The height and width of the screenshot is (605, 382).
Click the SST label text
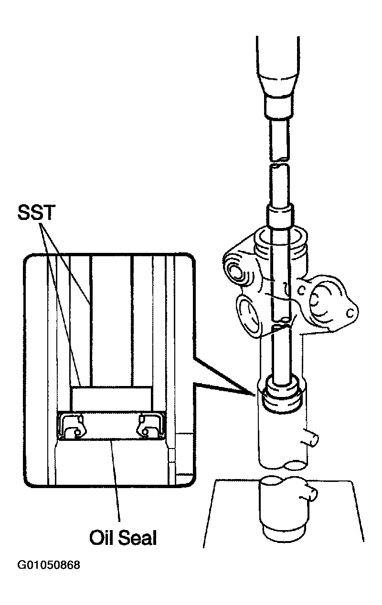[x=36, y=212]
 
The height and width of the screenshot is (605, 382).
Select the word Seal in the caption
[x=138, y=538]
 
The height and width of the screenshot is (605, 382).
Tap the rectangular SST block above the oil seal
[x=111, y=399]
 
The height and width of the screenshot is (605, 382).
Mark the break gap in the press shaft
[x=279, y=162]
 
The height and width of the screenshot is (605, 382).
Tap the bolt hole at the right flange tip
[x=350, y=314]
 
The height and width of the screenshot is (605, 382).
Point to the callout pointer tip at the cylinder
[x=255, y=396]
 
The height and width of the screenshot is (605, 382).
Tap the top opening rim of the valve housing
[x=280, y=234]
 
